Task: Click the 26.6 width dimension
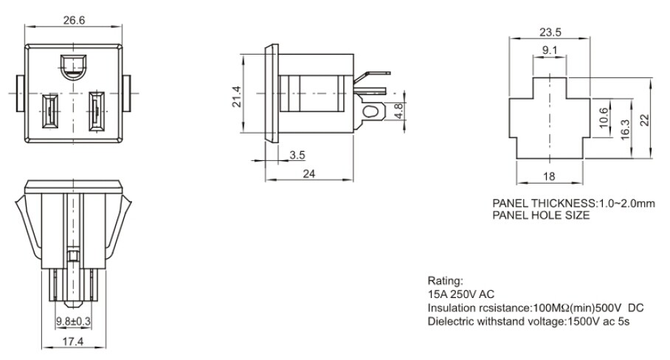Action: (x=73, y=20)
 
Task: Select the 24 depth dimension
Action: (x=309, y=174)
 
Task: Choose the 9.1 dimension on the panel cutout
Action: (x=549, y=50)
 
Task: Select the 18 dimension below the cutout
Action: (x=548, y=177)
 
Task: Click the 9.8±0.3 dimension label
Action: (x=74, y=321)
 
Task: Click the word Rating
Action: (x=444, y=282)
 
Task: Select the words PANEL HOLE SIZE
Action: (x=541, y=215)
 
